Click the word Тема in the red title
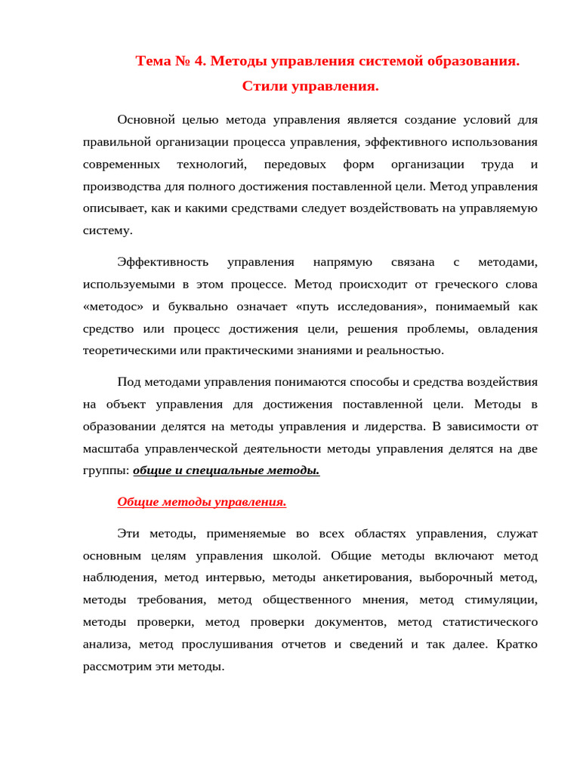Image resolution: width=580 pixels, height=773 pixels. tap(153, 61)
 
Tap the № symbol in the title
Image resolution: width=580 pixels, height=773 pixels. tap(184, 61)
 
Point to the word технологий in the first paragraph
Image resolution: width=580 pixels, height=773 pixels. tap(211, 165)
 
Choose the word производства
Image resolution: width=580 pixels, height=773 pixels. tap(119, 186)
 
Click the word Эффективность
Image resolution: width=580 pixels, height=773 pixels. tap(162, 263)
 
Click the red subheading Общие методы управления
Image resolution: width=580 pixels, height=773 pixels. tap(202, 502)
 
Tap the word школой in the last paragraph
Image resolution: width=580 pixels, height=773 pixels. tap(302, 556)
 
